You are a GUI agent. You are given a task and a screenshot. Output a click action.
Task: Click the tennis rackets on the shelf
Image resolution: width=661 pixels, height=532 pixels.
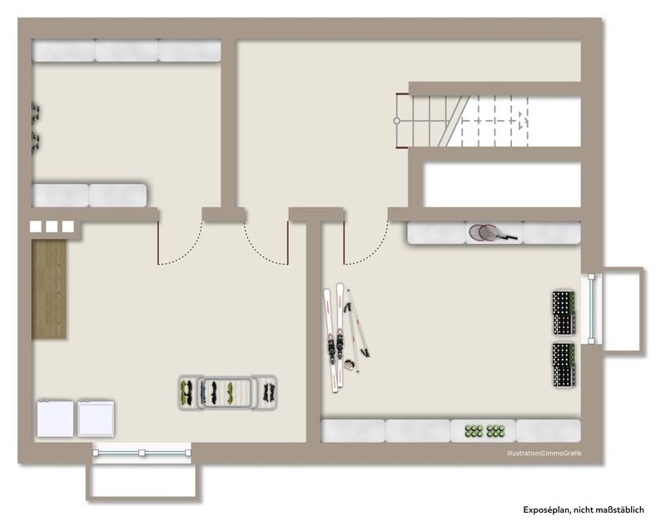(492, 232)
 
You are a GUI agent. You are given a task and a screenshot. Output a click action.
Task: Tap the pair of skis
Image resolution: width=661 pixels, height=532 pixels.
(334, 337)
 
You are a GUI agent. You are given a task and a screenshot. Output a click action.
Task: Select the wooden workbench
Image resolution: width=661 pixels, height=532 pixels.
(49, 289)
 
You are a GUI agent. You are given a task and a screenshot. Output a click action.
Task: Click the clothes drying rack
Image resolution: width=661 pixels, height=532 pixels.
(227, 392)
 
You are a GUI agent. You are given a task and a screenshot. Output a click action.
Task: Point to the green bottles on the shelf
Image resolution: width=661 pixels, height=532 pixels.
(485, 430)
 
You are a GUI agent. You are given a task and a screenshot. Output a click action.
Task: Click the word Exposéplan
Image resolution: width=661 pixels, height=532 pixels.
(547, 510)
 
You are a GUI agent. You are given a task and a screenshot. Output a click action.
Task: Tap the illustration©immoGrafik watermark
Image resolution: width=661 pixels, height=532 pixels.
(544, 453)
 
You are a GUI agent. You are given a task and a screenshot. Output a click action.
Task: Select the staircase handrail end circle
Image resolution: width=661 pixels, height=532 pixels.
(397, 121)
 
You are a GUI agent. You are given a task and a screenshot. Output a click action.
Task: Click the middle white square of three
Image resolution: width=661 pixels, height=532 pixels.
(52, 226)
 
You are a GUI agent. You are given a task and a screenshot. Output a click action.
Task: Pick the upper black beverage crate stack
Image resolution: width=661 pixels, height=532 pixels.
(564, 313)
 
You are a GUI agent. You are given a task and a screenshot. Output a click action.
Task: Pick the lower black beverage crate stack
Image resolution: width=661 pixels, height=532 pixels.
(564, 365)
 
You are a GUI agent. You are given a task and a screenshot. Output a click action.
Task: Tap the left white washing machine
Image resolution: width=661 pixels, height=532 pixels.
(55, 419)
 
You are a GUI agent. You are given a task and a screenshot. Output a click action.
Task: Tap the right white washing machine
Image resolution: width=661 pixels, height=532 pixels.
(96, 419)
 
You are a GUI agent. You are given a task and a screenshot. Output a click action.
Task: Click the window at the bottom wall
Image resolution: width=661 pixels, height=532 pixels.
(142, 453)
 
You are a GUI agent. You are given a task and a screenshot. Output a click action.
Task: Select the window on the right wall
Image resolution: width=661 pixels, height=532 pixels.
(591, 309)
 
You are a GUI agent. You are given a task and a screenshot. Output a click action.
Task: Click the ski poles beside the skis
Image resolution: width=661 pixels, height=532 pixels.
(356, 329)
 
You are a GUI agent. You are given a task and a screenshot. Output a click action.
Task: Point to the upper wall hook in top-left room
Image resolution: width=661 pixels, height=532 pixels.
(36, 112)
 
